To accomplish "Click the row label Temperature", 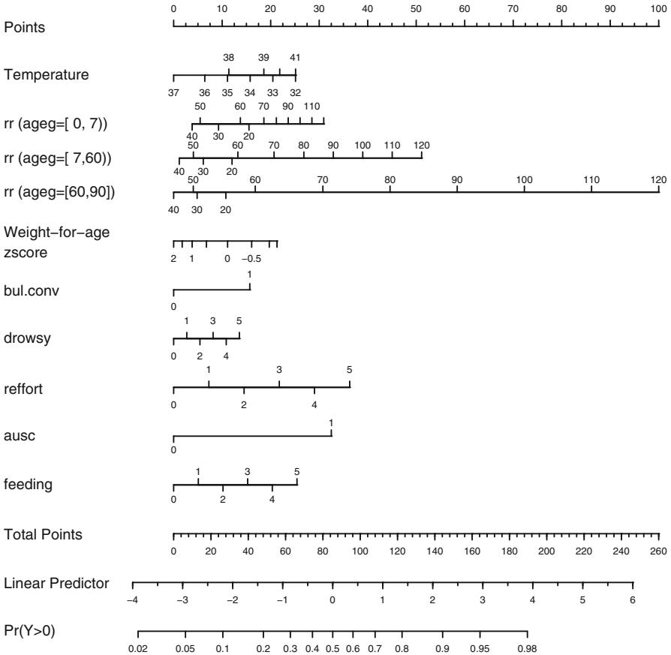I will pyautogui.click(x=47, y=75).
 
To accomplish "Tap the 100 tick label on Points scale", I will pyautogui.click(x=658, y=8).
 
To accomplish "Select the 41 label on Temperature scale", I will pyautogui.click(x=295, y=58).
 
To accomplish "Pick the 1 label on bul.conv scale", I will pyautogui.click(x=250, y=274).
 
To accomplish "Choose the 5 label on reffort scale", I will pyautogui.click(x=349, y=370).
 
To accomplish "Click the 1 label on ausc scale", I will pyautogui.click(x=331, y=424).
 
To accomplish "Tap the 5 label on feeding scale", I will pyautogui.click(x=296, y=472).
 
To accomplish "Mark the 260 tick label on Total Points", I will pyautogui.click(x=658, y=551).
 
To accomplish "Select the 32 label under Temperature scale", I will pyautogui.click(x=295, y=93).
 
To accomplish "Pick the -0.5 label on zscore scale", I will pyautogui.click(x=252, y=259).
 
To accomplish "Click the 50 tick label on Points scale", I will pyautogui.click(x=416, y=8).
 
